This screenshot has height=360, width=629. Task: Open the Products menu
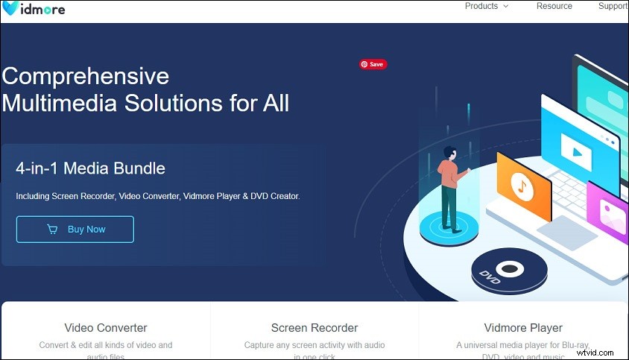pyautogui.click(x=481, y=6)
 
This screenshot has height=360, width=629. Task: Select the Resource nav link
pyautogui.click(x=554, y=6)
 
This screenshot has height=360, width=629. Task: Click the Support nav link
pyautogui.click(x=613, y=6)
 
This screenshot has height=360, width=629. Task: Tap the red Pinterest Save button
pyautogui.click(x=373, y=65)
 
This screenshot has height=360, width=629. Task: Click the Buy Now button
pyautogui.click(x=75, y=230)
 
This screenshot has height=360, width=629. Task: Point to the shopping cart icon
pyautogui.click(x=52, y=230)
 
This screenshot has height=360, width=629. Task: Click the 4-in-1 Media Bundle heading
pyautogui.click(x=90, y=168)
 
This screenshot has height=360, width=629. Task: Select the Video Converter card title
pyautogui.click(x=106, y=328)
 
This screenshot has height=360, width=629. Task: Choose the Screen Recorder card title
pyautogui.click(x=314, y=328)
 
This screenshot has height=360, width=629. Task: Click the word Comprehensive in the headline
pyautogui.click(x=86, y=76)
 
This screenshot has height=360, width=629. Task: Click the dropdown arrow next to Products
pyautogui.click(x=506, y=6)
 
